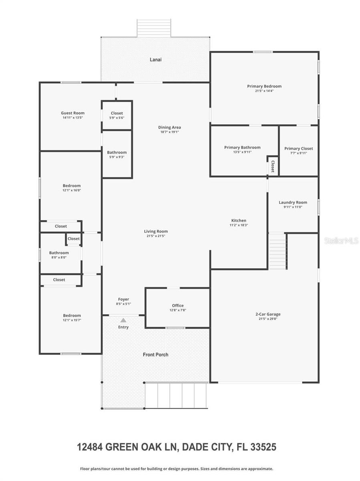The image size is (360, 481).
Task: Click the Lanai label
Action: coord(155,60)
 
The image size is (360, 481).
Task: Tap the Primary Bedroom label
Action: coord(264,86)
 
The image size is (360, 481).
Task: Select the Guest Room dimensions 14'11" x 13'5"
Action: coord(72,118)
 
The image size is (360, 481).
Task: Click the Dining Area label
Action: coord(169,127)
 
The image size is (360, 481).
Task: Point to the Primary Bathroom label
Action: coord(242,148)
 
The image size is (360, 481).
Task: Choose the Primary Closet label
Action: coord(298,148)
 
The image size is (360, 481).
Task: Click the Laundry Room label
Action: coord(293,202)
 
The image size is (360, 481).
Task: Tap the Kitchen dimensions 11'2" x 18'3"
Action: coord(239,226)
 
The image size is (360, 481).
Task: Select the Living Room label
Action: coord(156,231)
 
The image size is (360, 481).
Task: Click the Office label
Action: coord(178,305)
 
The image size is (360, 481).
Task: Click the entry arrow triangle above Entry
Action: coord(123,320)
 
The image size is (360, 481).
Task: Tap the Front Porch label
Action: coord(155,355)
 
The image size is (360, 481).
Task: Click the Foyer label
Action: coord(123,299)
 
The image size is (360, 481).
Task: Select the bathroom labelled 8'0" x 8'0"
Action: coord(59,253)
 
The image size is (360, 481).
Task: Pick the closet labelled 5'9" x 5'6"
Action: coord(117,113)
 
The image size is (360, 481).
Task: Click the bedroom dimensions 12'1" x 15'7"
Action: coord(72,320)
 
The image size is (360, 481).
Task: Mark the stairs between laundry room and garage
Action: coord(278,252)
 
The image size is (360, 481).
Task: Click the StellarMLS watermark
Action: coord(341,241)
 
